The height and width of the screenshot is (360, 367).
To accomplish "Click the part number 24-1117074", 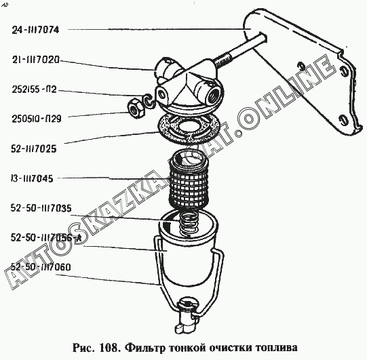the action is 35,30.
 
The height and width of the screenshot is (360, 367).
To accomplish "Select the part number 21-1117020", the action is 36,60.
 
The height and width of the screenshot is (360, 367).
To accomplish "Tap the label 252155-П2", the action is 34,89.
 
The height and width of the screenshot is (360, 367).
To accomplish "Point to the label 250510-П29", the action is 37,119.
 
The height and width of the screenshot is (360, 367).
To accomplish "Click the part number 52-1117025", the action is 34,148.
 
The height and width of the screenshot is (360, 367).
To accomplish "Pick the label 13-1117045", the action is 32,179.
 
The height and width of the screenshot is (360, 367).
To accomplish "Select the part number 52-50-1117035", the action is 41,208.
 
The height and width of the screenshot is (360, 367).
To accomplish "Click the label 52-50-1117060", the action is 41,267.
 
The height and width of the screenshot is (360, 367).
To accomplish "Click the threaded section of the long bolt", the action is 223,60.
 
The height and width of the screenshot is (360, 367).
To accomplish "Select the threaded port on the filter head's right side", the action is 214,95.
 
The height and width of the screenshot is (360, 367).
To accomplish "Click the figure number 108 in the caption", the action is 109,348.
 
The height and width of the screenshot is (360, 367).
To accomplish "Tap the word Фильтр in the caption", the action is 145,348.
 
